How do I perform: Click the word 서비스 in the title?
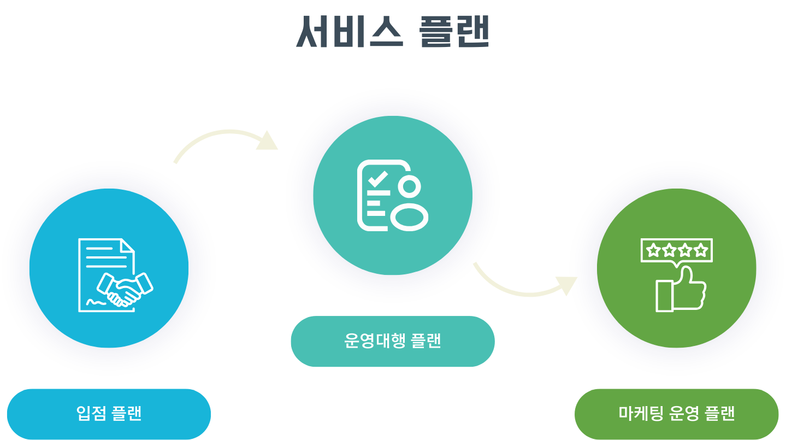[x=350, y=32]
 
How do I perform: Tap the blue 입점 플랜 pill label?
[x=109, y=414]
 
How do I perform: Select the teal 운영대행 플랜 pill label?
[x=393, y=341]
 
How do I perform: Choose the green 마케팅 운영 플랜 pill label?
[x=676, y=414]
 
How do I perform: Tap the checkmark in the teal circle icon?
[x=377, y=179]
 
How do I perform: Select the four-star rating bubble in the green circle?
[x=677, y=251]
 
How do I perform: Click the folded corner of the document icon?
[x=127, y=245]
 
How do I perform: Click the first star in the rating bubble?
[x=652, y=251]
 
